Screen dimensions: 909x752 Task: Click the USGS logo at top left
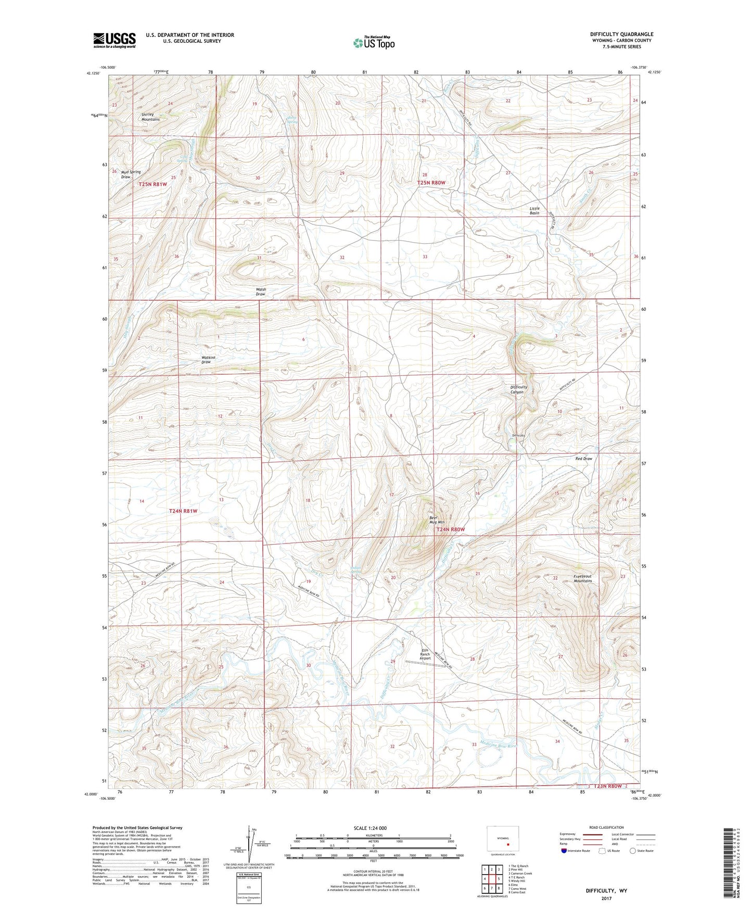114,40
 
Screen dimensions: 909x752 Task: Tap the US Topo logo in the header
373,43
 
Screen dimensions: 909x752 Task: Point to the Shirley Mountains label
150,117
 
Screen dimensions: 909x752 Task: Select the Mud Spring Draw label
130,174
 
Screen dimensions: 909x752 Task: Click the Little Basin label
534,210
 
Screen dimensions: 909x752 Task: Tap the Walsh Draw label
261,292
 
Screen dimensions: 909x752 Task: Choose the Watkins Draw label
208,360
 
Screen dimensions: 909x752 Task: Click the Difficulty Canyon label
519,389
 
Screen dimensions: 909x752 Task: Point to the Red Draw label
583,459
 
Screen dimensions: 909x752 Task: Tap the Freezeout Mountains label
582,578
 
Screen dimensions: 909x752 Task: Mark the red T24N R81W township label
183,511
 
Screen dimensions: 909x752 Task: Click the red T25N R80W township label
431,183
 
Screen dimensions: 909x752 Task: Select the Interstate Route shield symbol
565,851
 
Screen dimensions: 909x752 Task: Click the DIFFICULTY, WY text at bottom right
606,891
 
